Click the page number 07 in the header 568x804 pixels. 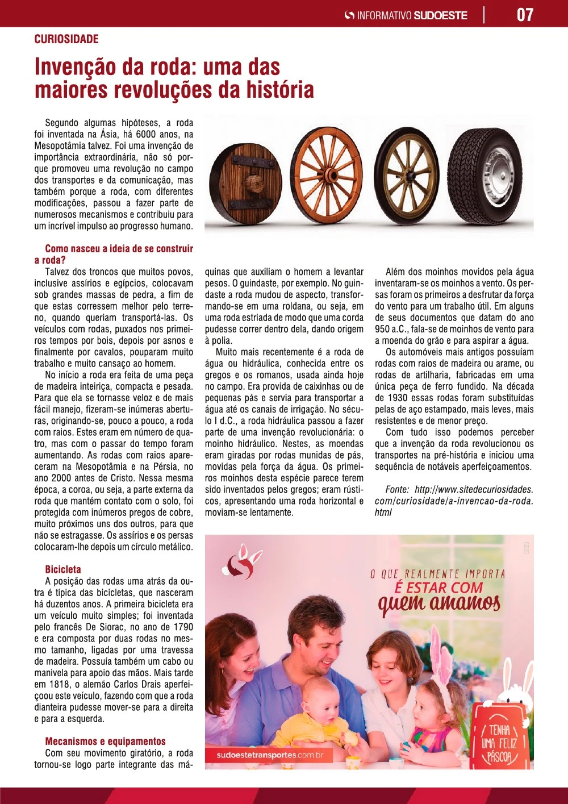(525, 15)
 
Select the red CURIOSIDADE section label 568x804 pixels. (66, 39)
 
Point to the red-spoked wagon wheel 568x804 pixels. (330, 174)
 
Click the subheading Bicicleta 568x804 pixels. (63, 569)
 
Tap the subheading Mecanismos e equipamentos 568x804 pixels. (105, 741)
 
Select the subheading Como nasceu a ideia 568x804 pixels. (119, 249)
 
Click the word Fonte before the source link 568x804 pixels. (397, 490)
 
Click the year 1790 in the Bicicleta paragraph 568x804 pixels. (181, 627)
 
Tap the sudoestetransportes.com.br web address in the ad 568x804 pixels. (270, 755)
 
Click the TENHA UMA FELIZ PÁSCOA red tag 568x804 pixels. (499, 739)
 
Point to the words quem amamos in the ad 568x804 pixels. (438, 603)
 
